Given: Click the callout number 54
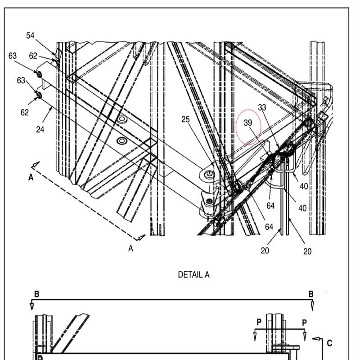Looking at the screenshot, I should tap(30, 36).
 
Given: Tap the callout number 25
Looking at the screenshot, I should tap(186, 119).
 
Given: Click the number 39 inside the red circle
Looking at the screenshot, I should tap(248, 123).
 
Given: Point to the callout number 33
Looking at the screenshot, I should tap(262, 107).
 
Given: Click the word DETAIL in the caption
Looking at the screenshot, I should tap(188, 274).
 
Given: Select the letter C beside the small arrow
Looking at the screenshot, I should tap(329, 343).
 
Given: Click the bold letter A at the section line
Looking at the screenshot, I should tap(31, 177).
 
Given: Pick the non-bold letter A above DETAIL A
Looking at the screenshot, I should tap(131, 248).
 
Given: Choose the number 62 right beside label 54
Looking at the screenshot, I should tap(33, 56).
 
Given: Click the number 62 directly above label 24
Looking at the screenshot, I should tap(24, 112).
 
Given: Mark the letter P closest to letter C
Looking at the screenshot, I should tap(305, 323).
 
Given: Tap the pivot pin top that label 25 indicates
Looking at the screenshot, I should tap(207, 174).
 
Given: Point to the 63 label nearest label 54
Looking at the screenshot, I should tap(12, 56).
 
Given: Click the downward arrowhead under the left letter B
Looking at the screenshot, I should tap(32, 306).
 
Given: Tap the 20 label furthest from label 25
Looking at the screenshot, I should tap(307, 252).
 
